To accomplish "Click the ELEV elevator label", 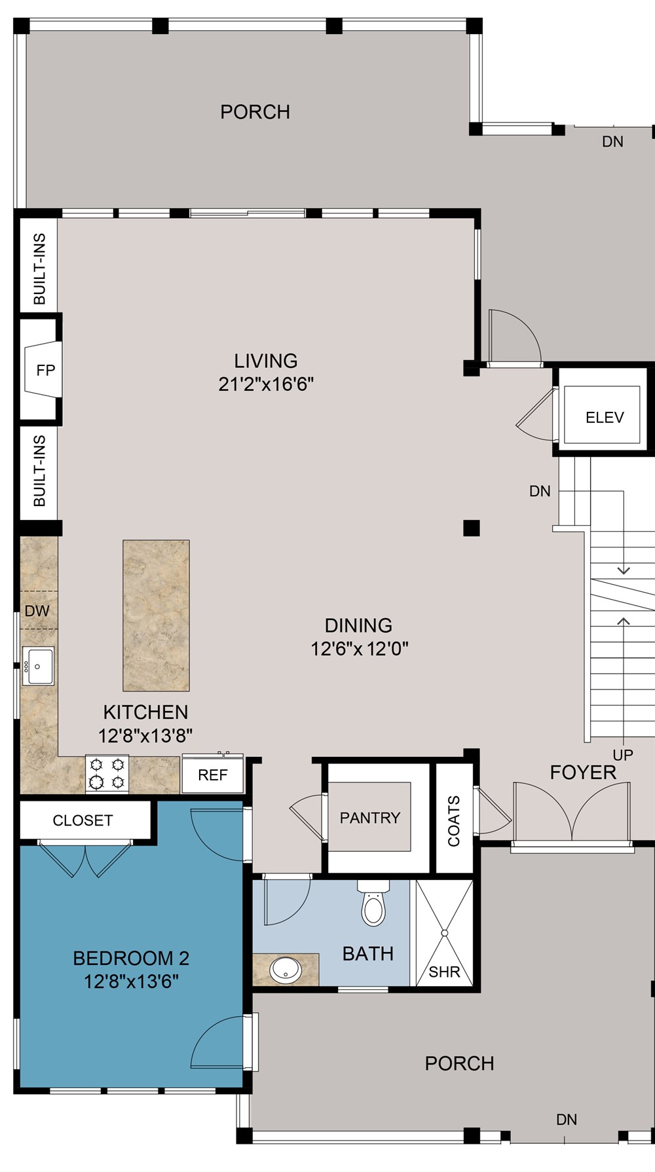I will [x=604, y=417].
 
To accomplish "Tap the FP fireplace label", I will [x=45, y=371].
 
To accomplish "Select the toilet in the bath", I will [x=373, y=906].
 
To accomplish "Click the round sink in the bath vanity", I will [x=286, y=970].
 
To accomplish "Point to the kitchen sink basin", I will [x=38, y=667].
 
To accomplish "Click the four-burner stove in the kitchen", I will [x=107, y=773].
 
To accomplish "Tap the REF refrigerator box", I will [x=212, y=775].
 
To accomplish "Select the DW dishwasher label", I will [x=37, y=611].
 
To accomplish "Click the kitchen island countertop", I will [x=156, y=615].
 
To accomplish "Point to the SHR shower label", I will [x=444, y=972].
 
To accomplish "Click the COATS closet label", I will [x=454, y=821].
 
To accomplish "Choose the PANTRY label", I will [x=369, y=818].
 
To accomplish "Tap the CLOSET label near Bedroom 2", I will [x=83, y=820].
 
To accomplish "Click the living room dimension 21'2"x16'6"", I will [x=266, y=384].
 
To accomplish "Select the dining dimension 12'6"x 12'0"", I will [x=359, y=649].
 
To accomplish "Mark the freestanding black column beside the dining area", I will [x=471, y=528].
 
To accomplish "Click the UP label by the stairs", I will [x=622, y=755].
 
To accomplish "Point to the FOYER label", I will [x=583, y=773].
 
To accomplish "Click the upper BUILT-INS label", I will [x=39, y=268].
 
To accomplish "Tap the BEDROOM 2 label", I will [x=131, y=959].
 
